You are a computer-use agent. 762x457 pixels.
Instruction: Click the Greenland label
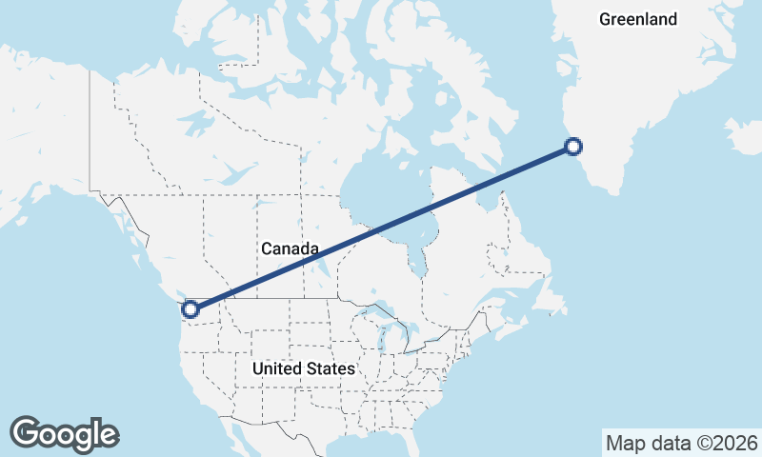coord(638,19)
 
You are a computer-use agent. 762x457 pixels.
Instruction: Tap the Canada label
coord(290,248)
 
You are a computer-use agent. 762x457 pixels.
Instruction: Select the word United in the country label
coord(277,368)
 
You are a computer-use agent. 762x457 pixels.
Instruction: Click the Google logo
coord(64,433)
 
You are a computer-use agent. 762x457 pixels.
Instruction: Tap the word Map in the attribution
coord(625,443)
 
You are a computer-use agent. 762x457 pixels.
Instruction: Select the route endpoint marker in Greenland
coord(572,146)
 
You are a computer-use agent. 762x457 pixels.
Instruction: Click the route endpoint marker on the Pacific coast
coord(190,308)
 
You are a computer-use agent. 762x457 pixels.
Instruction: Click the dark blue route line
coord(381,228)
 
